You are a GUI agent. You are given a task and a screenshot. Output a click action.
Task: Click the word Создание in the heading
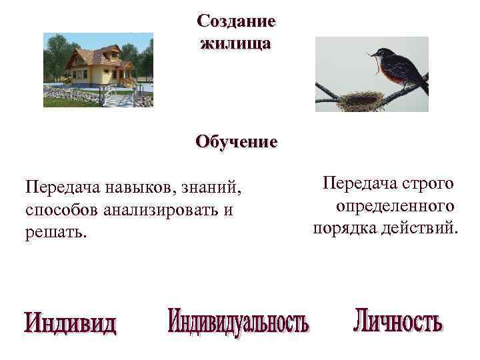236,21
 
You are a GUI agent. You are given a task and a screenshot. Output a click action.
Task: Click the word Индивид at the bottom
70,324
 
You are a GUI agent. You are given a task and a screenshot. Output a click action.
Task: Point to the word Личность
398,321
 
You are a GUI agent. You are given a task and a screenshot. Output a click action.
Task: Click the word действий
424,228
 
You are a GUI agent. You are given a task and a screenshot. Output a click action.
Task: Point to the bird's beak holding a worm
371,54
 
